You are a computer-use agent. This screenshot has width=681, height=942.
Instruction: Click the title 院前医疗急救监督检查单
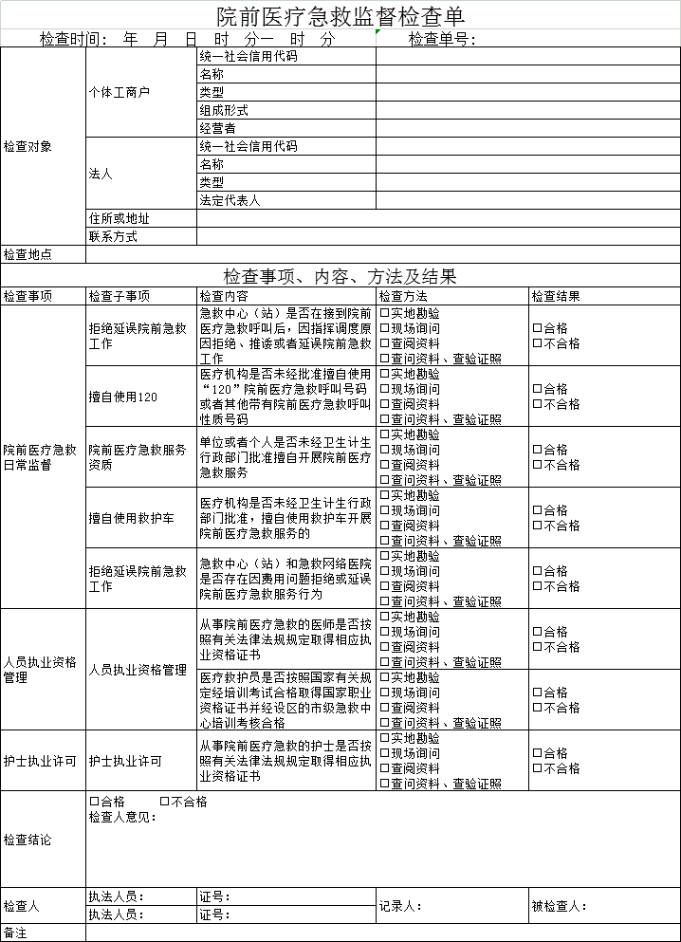(340, 15)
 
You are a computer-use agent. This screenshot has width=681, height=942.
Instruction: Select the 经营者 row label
(217, 128)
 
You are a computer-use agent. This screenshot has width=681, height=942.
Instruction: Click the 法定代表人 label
(229, 200)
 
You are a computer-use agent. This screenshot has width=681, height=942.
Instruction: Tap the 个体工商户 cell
(119, 92)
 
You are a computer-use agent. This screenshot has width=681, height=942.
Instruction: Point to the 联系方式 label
(113, 236)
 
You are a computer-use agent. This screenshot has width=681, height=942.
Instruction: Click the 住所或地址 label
(119, 218)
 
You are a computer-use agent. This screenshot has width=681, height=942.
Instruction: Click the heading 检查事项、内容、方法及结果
(340, 276)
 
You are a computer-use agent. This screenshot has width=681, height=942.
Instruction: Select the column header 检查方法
(403, 296)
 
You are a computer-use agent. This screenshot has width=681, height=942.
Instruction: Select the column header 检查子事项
(119, 296)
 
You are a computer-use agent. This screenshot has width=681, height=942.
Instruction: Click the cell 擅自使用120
(123, 397)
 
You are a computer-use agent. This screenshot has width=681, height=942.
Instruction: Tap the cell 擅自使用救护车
(131, 518)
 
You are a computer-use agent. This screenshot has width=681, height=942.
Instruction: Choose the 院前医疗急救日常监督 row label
(40, 457)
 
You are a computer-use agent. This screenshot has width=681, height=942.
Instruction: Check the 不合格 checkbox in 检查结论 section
(165, 802)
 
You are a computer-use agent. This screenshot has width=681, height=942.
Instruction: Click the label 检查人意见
(122, 818)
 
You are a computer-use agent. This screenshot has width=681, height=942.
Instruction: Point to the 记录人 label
(399, 906)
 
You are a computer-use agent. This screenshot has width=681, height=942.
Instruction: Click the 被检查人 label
(558, 906)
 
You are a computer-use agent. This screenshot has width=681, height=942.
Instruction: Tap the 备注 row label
(15, 933)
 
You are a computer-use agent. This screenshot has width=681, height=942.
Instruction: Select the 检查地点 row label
(28, 254)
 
